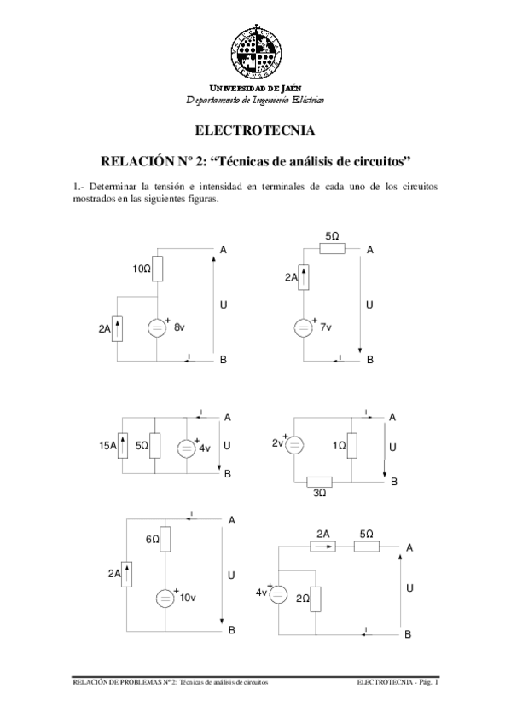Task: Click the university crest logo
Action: pyautogui.click(x=255, y=47)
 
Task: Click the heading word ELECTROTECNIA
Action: pyautogui.click(x=255, y=131)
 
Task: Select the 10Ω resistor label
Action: pyautogui.click(x=142, y=269)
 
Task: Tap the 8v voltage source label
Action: pyautogui.click(x=179, y=327)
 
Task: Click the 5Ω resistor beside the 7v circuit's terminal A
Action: pyautogui.click(x=332, y=249)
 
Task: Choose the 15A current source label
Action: pyautogui.click(x=108, y=445)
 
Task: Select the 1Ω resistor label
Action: pyautogui.click(x=339, y=445)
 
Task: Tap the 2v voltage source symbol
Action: pyautogui.click(x=292, y=444)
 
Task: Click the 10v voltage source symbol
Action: pyautogui.click(x=164, y=599)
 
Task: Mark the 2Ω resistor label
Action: pyautogui.click(x=302, y=599)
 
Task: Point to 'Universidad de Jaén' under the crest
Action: pyautogui.click(x=255, y=88)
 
